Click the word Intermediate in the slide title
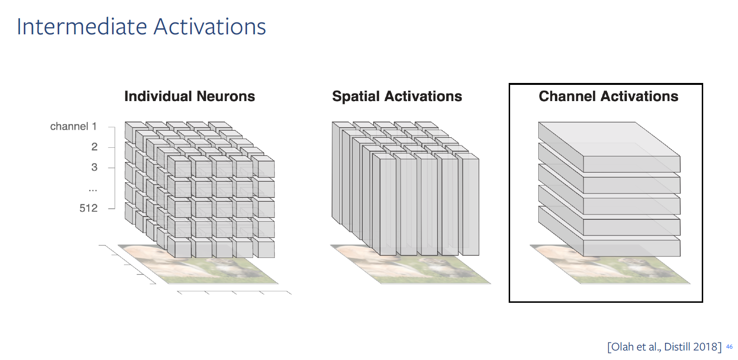click(x=82, y=26)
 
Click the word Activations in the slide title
click(x=210, y=26)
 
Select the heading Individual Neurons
click(x=190, y=96)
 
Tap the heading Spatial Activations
click(x=397, y=96)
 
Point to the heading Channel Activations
click(x=608, y=96)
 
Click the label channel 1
click(x=73, y=126)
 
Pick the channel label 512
click(x=88, y=208)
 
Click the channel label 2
click(x=94, y=147)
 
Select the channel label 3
click(x=94, y=167)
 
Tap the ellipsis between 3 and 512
click(x=93, y=190)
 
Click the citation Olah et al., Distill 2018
click(x=665, y=347)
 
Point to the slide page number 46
click(x=729, y=347)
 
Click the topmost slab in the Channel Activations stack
click(x=609, y=147)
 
